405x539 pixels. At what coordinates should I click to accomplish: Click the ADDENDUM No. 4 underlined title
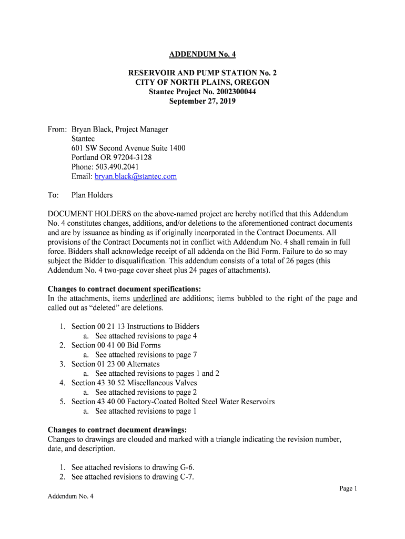(202, 54)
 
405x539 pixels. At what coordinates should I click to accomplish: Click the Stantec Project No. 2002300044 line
(202, 92)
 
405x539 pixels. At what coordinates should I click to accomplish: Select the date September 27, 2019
(202, 101)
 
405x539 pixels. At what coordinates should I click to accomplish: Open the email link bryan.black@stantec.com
(136, 176)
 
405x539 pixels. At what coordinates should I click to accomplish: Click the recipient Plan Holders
(92, 195)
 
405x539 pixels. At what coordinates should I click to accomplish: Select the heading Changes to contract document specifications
(124, 289)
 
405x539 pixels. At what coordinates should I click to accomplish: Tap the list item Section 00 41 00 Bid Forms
(116, 345)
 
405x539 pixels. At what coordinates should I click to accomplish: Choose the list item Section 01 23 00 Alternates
(116, 364)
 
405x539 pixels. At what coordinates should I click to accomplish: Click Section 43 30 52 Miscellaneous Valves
(134, 383)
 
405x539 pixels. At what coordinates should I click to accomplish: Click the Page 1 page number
(348, 488)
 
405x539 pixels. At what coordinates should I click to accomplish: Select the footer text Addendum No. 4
(70, 496)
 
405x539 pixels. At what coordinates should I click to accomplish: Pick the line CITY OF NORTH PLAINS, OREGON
(202, 82)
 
